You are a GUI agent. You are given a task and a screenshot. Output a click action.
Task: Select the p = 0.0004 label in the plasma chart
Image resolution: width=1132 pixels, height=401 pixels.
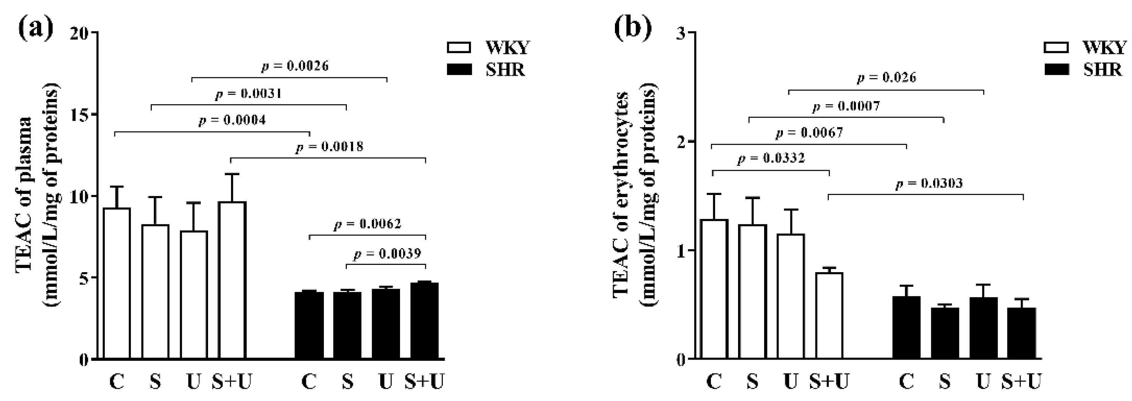coord(232,120)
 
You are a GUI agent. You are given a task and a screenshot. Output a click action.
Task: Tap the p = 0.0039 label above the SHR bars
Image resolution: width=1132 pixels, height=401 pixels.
coord(387,254)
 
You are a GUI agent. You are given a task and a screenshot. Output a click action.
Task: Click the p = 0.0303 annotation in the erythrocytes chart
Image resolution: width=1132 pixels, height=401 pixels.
coord(929,183)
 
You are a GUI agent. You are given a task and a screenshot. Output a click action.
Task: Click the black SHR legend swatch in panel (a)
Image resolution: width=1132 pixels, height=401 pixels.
coord(459,70)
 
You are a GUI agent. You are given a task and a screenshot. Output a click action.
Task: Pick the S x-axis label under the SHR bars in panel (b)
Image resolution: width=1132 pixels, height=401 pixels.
coord(944,381)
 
